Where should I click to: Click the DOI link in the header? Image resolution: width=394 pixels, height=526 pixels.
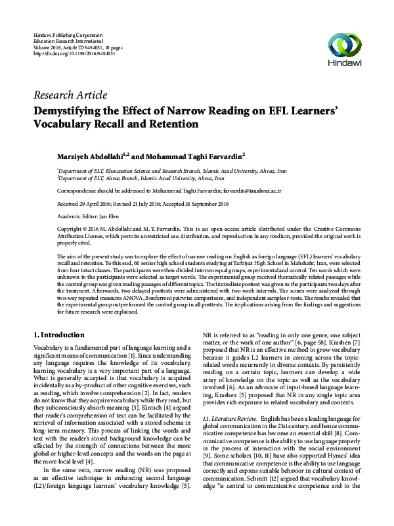tap(74, 53)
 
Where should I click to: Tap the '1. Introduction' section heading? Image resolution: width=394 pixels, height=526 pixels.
tap(58, 335)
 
